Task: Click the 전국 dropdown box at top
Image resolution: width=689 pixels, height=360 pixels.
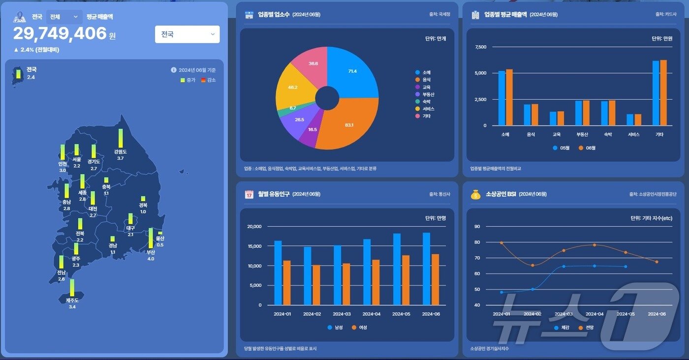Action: pos(187,34)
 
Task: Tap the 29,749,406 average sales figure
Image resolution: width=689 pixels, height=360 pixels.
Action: pos(60,33)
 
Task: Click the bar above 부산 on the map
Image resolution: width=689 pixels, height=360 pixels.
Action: pos(151,238)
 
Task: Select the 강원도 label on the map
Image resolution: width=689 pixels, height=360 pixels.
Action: pos(121,152)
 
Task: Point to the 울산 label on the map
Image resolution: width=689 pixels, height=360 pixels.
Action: pos(160,239)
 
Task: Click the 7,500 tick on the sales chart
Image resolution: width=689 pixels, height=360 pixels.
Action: pos(480,47)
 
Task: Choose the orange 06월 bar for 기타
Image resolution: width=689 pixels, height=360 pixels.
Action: pos(663,92)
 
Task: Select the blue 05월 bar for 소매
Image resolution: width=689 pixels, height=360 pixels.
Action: pos(501,98)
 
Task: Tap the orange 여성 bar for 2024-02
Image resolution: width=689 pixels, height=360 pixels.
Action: pos(316,285)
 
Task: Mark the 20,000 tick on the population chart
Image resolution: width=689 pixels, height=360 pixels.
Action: pos(253,227)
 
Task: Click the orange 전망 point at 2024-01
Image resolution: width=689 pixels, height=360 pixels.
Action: pos(501,242)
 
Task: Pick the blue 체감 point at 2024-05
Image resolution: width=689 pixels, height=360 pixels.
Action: pos(626,267)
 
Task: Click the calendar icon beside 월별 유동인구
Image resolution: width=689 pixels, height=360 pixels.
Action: pos(249,194)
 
